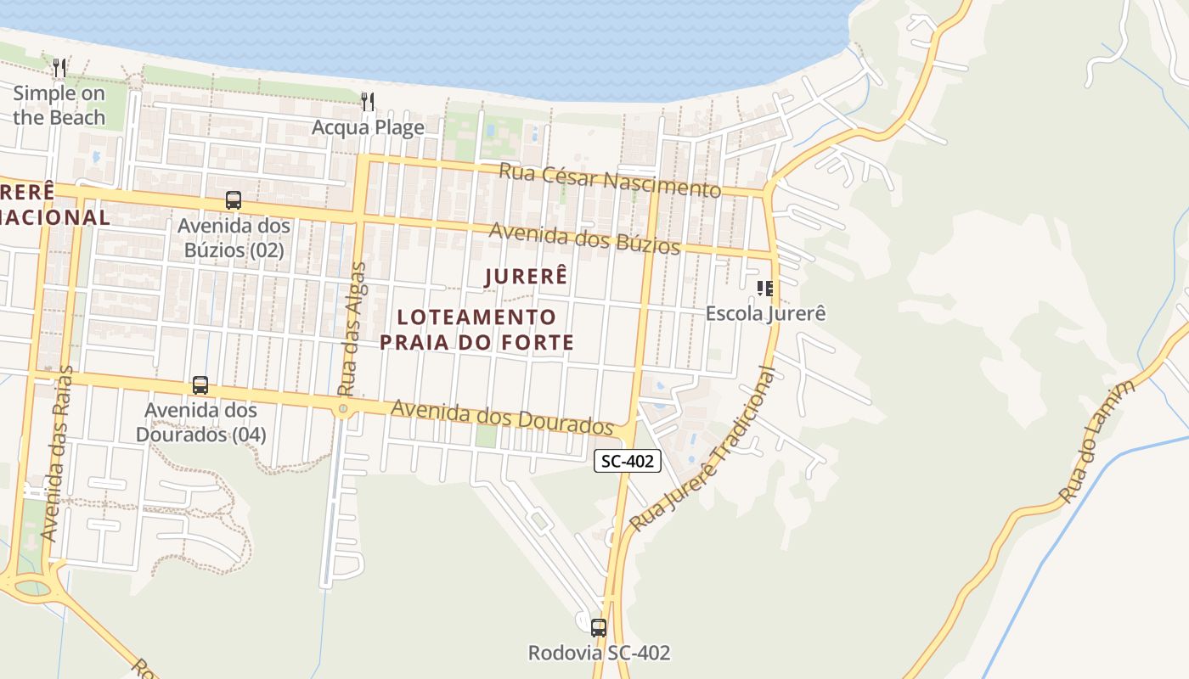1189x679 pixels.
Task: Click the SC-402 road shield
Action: pos(627,461)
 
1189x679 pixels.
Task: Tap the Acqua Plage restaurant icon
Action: pos(368,102)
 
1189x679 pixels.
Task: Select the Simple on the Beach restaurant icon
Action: pos(59,67)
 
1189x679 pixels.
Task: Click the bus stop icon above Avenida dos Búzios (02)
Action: pos(233,200)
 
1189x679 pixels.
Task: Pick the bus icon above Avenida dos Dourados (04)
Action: pos(200,384)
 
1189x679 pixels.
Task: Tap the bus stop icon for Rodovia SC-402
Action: pos(599,627)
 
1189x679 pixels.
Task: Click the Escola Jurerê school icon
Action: pos(765,289)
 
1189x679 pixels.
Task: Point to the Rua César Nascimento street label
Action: pos(609,179)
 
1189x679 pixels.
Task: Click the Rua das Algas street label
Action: pos(351,329)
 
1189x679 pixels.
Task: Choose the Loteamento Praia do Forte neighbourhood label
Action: pos(476,329)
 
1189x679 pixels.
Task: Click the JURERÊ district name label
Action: pos(525,276)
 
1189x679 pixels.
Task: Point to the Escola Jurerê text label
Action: pos(765,313)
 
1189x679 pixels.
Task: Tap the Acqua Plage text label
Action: pos(368,127)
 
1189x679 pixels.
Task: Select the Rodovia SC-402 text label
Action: pos(599,653)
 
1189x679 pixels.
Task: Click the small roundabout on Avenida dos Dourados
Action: pos(343,409)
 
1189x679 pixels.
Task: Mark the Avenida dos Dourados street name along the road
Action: pos(501,416)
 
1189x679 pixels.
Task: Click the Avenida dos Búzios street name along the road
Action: pos(584,238)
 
